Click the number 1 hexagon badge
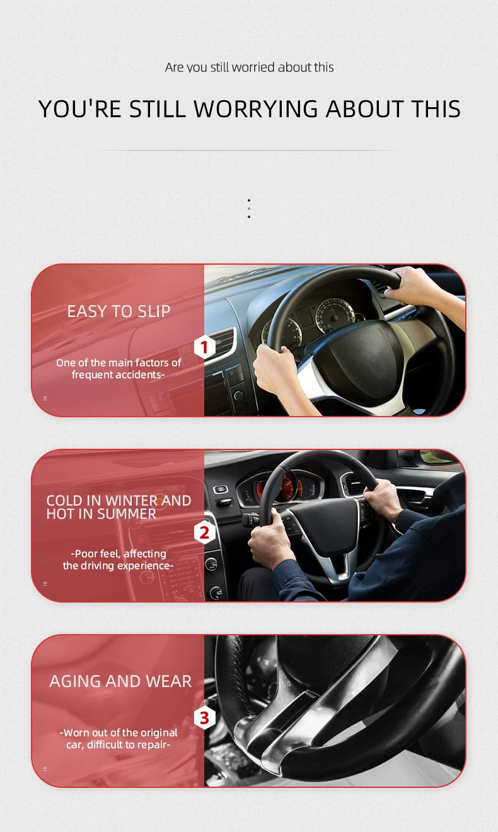(204, 347)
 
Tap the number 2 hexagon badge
(204, 533)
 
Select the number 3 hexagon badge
(204, 718)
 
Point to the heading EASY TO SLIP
(119, 311)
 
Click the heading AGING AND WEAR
(120, 681)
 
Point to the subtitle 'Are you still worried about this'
(249, 67)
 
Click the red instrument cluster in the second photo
(287, 487)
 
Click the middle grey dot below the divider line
(249, 208)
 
